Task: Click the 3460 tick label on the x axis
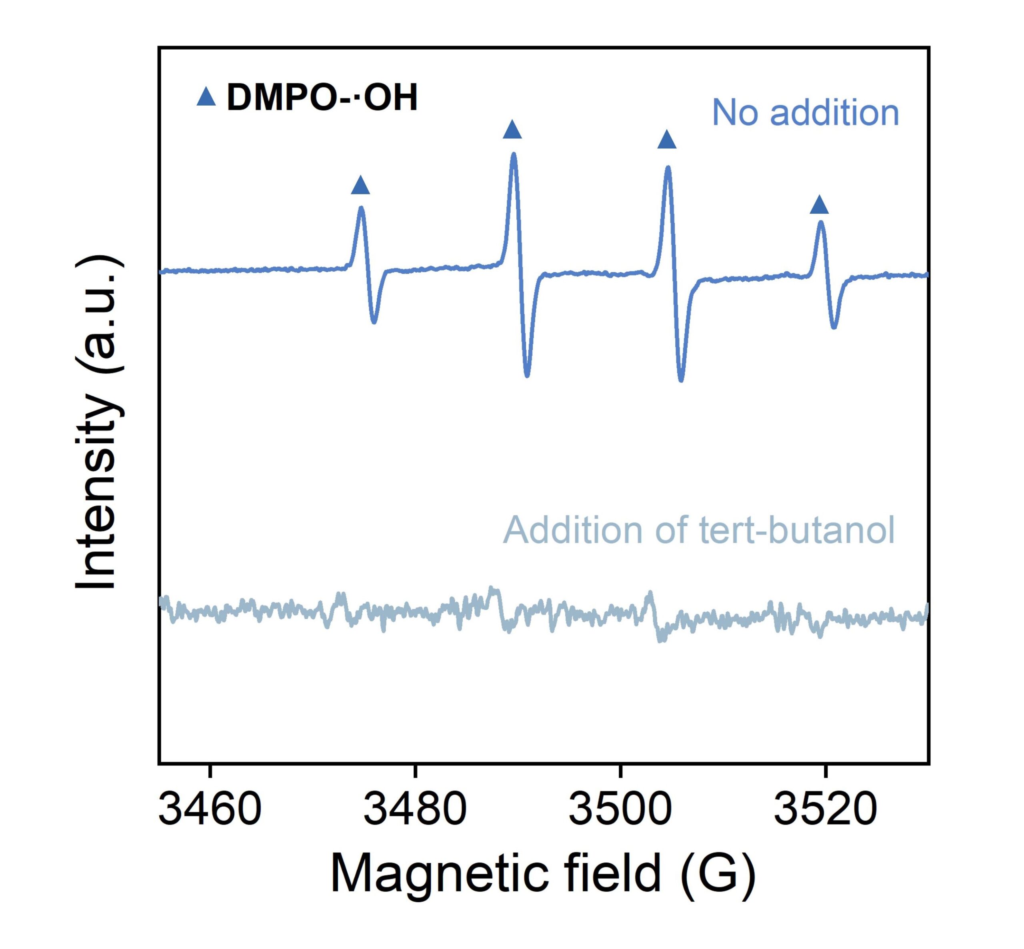pyautogui.click(x=210, y=809)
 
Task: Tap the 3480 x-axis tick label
pyautogui.click(x=415, y=809)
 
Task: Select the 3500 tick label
pyautogui.click(x=620, y=809)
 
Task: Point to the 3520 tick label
pyautogui.click(x=825, y=809)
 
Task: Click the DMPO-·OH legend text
pyautogui.click(x=322, y=97)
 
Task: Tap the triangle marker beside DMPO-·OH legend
pyautogui.click(x=206, y=96)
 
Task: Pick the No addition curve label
pyautogui.click(x=805, y=112)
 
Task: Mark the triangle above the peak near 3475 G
pyautogui.click(x=360, y=185)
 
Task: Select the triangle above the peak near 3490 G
pyautogui.click(x=512, y=129)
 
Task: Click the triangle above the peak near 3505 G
pyautogui.click(x=667, y=139)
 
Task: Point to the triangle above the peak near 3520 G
pyautogui.click(x=819, y=204)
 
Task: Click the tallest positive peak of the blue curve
pyautogui.click(x=513, y=154)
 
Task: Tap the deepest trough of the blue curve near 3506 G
pyautogui.click(x=681, y=380)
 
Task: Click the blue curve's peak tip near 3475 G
pyautogui.click(x=361, y=208)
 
